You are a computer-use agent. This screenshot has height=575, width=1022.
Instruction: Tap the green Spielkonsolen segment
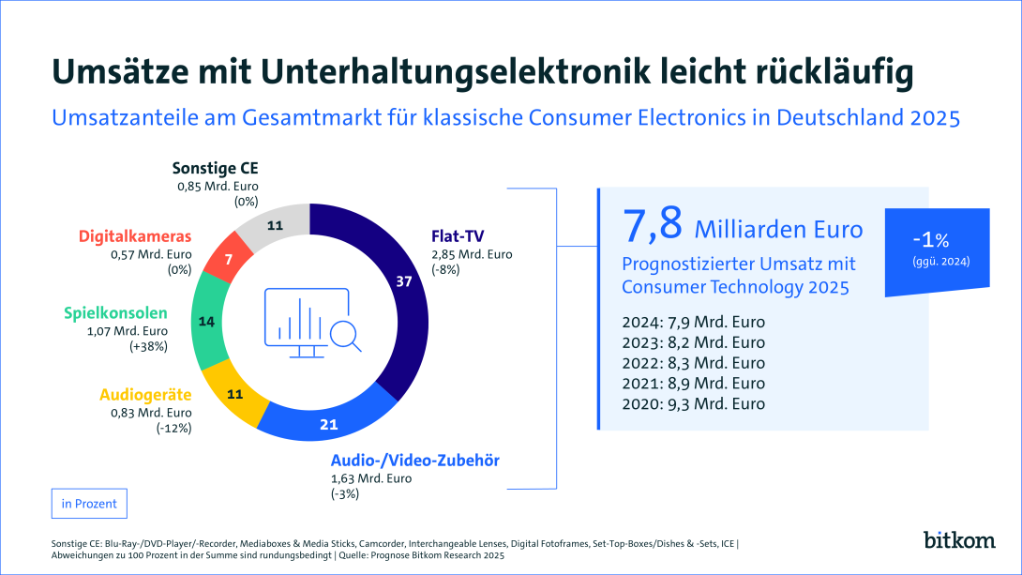click(x=208, y=322)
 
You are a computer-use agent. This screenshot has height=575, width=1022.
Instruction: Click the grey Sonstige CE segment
click(x=275, y=225)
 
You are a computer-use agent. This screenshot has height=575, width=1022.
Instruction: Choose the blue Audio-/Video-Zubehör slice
click(x=328, y=422)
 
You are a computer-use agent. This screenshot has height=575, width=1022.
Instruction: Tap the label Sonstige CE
click(x=215, y=169)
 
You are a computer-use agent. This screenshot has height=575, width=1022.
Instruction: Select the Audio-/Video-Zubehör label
click(x=414, y=461)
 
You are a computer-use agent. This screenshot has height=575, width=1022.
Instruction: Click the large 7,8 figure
click(x=653, y=226)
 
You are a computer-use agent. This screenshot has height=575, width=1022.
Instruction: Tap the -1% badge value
click(x=938, y=238)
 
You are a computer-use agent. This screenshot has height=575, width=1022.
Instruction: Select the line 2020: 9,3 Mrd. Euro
click(x=693, y=404)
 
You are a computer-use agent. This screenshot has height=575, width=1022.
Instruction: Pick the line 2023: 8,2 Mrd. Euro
click(x=693, y=342)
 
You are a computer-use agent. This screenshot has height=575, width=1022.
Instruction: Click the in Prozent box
click(x=89, y=504)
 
